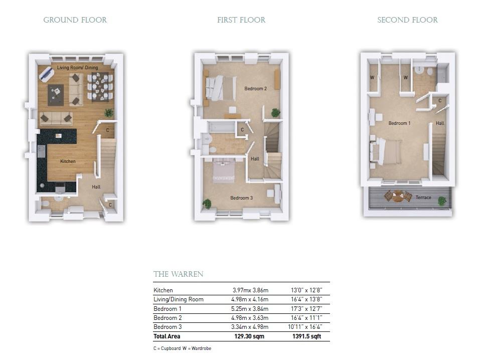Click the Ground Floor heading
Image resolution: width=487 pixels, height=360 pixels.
pyautogui.click(x=75, y=20)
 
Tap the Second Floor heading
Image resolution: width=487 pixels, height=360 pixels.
pyautogui.click(x=407, y=20)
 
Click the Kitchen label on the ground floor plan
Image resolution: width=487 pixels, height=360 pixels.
pyautogui.click(x=68, y=161)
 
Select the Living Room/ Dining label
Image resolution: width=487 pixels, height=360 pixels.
pyautogui.click(x=77, y=67)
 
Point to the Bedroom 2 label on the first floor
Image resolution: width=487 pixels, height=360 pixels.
pyautogui.click(x=255, y=89)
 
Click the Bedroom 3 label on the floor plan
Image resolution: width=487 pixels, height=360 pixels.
pyautogui.click(x=241, y=198)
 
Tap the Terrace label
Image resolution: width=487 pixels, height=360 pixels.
pyautogui.click(x=423, y=197)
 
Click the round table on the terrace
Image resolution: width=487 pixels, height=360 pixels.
pyautogui.click(x=397, y=197)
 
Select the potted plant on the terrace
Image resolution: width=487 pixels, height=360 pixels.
pyautogui.click(x=442, y=201)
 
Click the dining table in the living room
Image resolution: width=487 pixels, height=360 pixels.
pyautogui.click(x=100, y=87)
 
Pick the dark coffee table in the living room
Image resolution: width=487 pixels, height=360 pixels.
pyautogui.click(x=56, y=95)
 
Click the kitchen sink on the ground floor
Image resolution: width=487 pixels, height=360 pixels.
pyautogui.click(x=41, y=151)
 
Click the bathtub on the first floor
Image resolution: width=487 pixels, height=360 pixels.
pyautogui.click(x=221, y=128)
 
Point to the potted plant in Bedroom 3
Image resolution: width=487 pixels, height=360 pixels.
pyautogui.click(x=207, y=204)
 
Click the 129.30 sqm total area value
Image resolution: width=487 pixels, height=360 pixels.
pyautogui.click(x=249, y=336)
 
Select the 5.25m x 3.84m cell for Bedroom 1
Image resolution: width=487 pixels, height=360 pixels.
pyautogui.click(x=250, y=309)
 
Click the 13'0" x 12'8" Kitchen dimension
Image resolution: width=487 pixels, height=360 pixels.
pyautogui.click(x=306, y=290)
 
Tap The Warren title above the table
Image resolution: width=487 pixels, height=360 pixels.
pyautogui.click(x=178, y=274)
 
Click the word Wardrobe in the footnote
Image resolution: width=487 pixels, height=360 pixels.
pyautogui.click(x=201, y=348)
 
